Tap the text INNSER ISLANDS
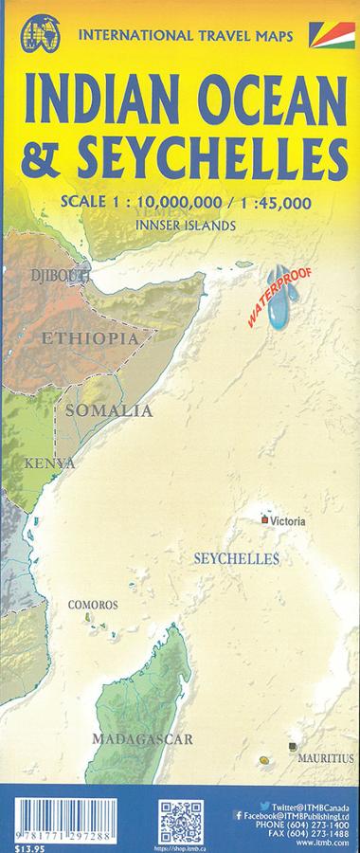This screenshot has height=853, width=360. pyautogui.click(x=186, y=227)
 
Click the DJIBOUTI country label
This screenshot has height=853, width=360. pyautogui.click(x=53, y=276)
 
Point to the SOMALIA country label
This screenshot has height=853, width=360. pyautogui.click(x=108, y=410)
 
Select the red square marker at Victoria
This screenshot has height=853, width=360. pyautogui.click(x=264, y=519)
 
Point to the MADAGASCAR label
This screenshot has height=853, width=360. pyautogui.click(x=143, y=737)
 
